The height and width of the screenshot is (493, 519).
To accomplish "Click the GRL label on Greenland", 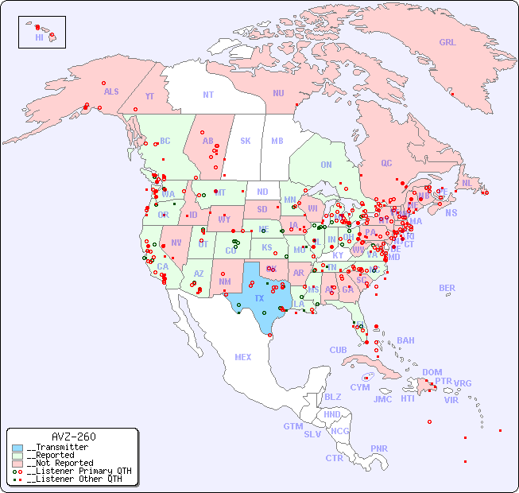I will [447, 43].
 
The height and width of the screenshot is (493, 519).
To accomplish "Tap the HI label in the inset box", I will [39, 37].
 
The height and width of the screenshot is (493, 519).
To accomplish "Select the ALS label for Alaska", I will [111, 91].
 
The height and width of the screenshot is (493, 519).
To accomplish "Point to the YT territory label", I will [149, 96].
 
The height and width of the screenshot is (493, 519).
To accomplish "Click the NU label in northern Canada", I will [278, 93].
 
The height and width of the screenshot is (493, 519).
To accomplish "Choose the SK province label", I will [246, 141].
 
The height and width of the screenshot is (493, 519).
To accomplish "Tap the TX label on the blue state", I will [259, 298].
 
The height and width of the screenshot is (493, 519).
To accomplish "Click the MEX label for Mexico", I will [243, 357].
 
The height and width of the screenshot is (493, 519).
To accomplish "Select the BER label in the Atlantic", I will [447, 288].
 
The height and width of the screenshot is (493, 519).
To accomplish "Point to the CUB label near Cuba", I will [338, 350].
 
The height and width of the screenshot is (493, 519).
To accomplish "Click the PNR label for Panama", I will [379, 448].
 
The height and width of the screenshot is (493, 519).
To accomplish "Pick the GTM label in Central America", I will [292, 426].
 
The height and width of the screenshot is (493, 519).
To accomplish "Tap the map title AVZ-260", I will [73, 437].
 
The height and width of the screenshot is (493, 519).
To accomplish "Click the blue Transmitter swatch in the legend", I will [17, 448].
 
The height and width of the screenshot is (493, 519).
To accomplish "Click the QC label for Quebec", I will [386, 163].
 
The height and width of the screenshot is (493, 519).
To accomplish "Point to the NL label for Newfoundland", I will [467, 182].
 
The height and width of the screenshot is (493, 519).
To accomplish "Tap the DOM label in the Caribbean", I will [432, 372].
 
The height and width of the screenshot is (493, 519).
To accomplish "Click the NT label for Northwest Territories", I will [207, 94].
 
